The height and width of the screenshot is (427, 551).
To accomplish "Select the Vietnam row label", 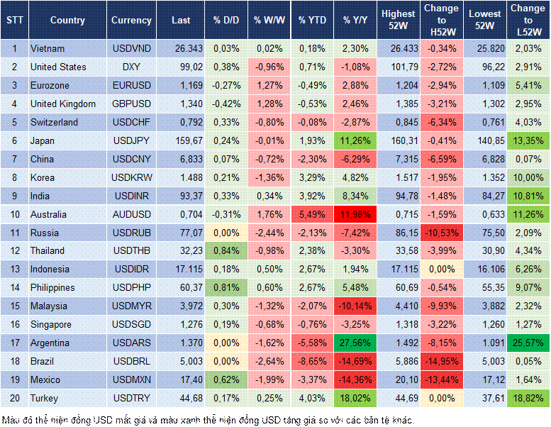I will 48,48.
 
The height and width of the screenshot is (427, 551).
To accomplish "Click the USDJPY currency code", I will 131,140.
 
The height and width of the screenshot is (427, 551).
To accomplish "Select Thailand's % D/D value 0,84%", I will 226,250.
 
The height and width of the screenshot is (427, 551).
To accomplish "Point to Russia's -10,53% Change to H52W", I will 442,233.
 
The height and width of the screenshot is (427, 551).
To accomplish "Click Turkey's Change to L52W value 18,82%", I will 528,398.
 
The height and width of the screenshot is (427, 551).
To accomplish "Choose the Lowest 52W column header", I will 486,21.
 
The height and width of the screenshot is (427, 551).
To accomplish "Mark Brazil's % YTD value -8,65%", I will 313,361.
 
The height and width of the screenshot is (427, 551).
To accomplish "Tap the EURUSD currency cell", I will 131,85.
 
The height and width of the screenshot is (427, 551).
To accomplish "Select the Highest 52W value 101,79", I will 400,67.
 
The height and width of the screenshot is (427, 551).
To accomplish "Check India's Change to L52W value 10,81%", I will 528,196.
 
